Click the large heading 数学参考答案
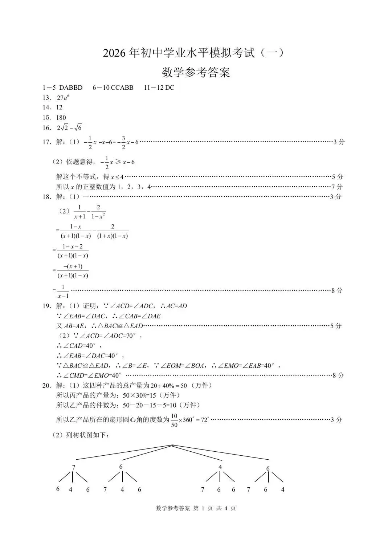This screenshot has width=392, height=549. pos(196,73)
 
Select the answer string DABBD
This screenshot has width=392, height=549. pos(71,88)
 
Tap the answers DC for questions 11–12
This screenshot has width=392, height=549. pos(170,88)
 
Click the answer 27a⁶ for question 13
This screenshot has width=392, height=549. pos(63,98)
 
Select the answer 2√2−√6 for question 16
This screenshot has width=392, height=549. pos(69,127)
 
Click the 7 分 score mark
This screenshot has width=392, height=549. pos(337,187)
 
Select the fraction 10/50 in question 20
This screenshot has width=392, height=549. pos(174,420)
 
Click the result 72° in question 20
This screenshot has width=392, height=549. pos(205,420)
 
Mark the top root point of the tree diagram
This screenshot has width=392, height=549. pos(172,445)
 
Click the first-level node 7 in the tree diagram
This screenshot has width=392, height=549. pos(74,467)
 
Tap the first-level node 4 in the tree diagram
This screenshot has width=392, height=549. pos(220,467)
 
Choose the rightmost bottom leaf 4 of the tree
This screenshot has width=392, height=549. pos(283,489)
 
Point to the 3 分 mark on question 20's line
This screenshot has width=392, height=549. pos(336,420)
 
